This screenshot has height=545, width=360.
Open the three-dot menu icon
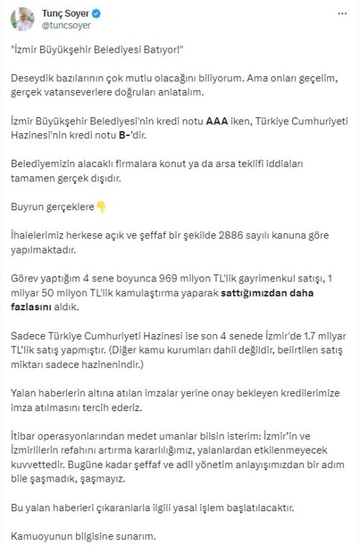[x=341, y=14]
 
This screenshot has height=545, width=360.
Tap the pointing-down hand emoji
[x=102, y=207]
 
